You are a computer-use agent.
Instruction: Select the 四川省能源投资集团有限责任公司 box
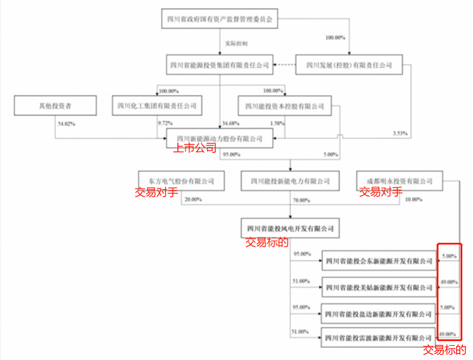[221, 66]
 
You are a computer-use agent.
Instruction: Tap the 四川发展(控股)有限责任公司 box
[349, 66]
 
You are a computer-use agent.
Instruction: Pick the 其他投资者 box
[55, 105]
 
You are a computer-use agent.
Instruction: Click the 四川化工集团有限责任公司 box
[157, 105]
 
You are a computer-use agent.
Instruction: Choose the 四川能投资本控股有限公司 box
[285, 105]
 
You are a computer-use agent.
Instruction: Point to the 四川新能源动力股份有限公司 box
[221, 138]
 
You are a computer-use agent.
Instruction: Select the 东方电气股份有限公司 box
[180, 181]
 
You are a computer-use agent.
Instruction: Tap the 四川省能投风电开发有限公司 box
[290, 226]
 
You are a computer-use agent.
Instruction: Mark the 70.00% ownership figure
[301, 201]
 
